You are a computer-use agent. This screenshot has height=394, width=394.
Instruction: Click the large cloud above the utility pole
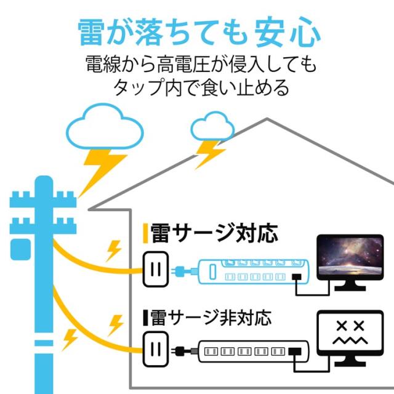tap(105, 126)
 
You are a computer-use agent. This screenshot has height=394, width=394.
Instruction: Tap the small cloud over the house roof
tap(212, 126)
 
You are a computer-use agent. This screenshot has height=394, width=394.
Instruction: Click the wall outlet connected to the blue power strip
tap(156, 269)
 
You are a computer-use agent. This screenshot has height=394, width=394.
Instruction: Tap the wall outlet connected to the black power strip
tap(156, 350)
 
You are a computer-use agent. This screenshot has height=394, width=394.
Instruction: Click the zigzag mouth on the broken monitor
tap(350, 340)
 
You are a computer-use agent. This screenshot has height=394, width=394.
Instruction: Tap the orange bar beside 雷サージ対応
tap(145, 233)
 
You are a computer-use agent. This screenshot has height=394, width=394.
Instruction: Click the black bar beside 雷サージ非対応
tap(145, 318)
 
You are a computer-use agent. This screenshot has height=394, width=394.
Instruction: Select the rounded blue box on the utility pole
tap(20, 249)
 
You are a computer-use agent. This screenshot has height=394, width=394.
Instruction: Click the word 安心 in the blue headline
tap(287, 32)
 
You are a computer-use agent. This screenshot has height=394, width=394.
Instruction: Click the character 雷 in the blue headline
tap(91, 32)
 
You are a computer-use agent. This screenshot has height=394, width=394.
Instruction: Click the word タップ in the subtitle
tap(139, 87)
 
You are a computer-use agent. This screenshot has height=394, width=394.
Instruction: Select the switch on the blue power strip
tap(212, 271)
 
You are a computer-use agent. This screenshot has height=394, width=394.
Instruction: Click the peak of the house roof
tap(267, 119)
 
